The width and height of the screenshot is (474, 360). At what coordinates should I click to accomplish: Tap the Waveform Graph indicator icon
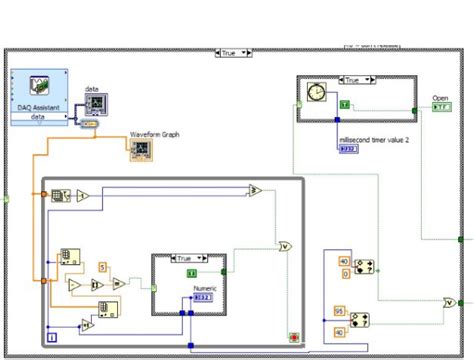[140, 150]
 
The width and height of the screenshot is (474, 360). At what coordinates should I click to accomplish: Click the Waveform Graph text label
[152, 133]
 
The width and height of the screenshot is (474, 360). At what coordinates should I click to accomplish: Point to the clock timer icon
[316, 92]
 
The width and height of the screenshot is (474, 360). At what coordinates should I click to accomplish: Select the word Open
[440, 98]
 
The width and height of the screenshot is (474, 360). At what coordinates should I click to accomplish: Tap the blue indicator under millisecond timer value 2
[349, 149]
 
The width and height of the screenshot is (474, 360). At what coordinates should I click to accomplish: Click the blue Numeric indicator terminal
[203, 297]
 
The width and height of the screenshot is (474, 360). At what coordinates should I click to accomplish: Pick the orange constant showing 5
[101, 266]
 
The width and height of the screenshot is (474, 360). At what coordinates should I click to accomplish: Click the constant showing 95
[339, 311]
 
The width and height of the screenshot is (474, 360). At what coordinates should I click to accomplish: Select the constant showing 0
[345, 272]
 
